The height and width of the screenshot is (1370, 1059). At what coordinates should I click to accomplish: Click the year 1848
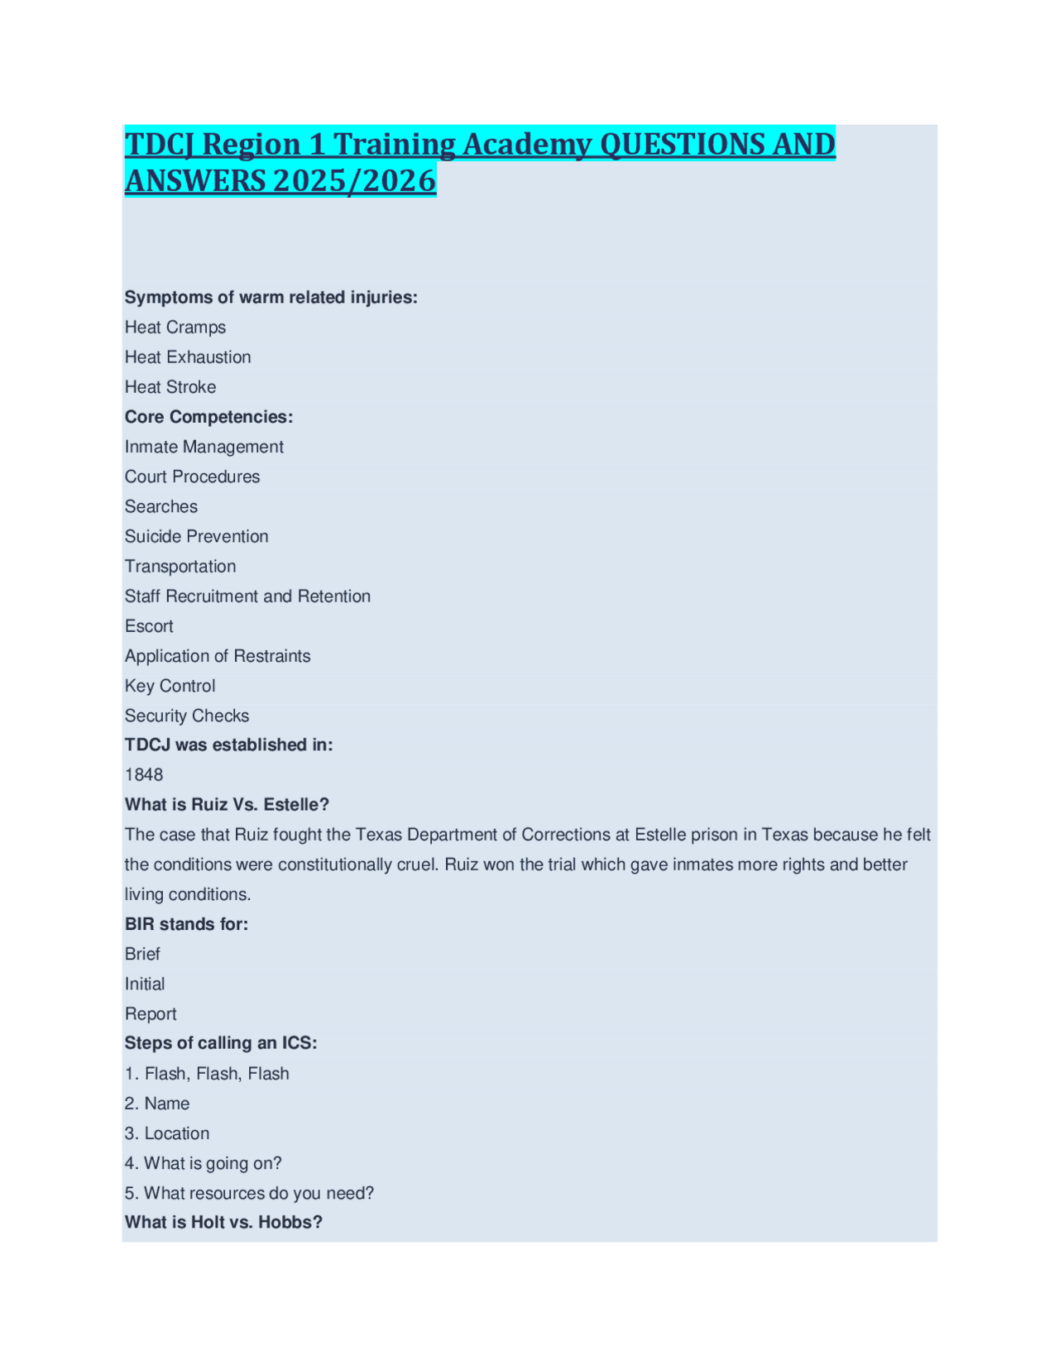coord(144,775)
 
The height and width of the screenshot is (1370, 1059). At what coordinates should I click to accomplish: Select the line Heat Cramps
coord(175,328)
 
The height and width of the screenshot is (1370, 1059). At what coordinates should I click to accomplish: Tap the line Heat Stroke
coord(170,387)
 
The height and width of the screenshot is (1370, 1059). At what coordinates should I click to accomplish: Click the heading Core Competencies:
coord(208,417)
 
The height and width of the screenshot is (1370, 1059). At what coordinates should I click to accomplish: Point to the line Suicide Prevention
coord(197,537)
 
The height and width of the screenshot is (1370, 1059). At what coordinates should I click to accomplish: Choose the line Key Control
coord(170,686)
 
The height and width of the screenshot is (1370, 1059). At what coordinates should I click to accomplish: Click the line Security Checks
coord(187,716)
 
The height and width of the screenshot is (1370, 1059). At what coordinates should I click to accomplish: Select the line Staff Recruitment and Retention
coord(247,596)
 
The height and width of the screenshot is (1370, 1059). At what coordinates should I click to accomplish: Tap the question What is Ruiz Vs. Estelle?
coord(227,805)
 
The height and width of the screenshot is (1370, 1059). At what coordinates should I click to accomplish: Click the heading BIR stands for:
coord(186,924)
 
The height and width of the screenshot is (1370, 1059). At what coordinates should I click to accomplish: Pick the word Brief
coord(142,954)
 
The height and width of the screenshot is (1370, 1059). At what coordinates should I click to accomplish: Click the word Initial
coord(145,984)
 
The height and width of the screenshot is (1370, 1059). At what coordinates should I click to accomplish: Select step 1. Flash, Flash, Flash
coord(207,1074)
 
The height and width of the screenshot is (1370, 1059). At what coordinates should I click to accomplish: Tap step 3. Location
coord(167,1133)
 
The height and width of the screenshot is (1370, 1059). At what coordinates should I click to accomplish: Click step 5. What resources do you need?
coord(249,1193)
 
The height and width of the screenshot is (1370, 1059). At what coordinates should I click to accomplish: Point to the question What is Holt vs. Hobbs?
coord(223,1223)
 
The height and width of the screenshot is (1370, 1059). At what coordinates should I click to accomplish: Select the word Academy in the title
coord(526,144)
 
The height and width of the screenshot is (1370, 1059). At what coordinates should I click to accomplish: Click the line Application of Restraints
coord(218,656)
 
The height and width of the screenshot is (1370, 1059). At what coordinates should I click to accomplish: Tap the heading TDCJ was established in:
coord(228,745)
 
